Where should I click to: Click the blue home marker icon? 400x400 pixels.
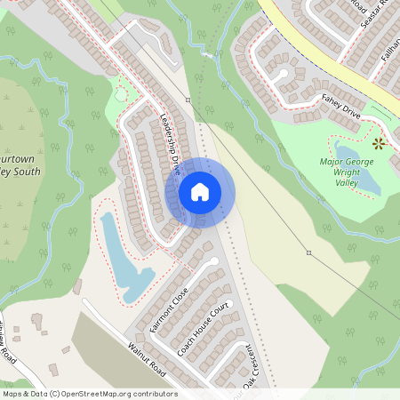click(x=200, y=192)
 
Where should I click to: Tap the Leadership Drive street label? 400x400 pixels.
click(x=171, y=142)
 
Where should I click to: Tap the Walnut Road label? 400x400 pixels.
click(x=147, y=357)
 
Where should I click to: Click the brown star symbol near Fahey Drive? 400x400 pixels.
click(x=380, y=142)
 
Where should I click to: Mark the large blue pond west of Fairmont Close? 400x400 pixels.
click(x=124, y=258)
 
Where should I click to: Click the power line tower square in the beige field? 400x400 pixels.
click(x=308, y=253)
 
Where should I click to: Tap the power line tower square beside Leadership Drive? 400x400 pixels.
click(x=188, y=100)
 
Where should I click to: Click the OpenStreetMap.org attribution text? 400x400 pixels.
click(x=116, y=394)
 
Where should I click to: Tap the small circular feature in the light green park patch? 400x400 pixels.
click(x=121, y=93)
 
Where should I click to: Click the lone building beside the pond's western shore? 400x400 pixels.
click(x=77, y=286)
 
